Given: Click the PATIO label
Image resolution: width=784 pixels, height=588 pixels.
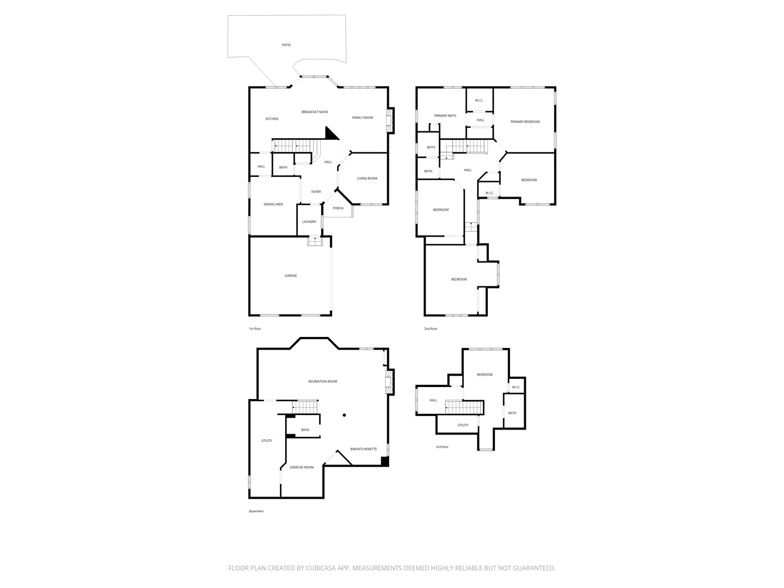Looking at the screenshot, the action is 286,45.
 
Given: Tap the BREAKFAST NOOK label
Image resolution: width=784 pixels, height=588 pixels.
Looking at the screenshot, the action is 315,112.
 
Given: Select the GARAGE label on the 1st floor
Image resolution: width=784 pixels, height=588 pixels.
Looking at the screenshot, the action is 291,275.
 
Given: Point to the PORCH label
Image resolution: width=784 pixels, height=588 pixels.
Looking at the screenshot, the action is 338,208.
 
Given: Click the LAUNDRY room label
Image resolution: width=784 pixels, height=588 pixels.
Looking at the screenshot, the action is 309,222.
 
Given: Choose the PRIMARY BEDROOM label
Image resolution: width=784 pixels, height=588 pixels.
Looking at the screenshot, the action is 525,122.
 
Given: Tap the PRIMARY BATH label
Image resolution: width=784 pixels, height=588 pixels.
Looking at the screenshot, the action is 445,115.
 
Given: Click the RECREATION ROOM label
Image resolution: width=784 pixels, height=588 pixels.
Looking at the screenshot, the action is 322,381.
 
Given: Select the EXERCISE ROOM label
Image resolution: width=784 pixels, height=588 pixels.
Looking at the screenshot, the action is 302,467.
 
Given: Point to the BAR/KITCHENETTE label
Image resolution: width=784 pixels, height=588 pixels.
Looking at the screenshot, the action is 364,449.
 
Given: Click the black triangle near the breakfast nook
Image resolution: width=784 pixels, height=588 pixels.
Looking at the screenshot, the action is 330,134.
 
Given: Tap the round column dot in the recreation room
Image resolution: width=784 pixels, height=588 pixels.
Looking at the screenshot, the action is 344,415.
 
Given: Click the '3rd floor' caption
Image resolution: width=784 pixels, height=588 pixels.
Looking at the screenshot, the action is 442,447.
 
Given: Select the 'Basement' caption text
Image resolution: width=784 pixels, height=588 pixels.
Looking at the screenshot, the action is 256,511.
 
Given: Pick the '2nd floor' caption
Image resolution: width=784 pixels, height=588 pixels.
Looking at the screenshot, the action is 431,329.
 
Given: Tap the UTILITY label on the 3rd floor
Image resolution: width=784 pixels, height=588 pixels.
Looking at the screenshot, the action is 463,425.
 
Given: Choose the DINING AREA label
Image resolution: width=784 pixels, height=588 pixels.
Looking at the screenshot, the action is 273,205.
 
